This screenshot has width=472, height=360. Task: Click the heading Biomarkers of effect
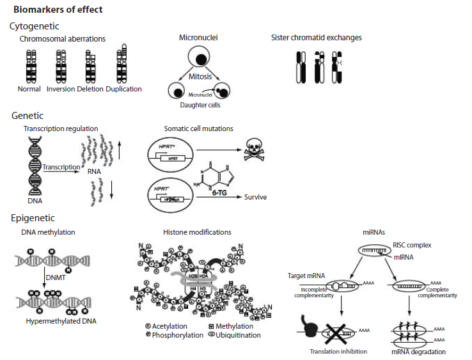pyautogui.click(x=58, y=10)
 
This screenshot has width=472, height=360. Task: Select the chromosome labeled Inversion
pyautogui.click(x=61, y=66)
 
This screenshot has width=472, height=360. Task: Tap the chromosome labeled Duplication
pyautogui.click(x=122, y=66)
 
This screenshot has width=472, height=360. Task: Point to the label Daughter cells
pyautogui.click(x=200, y=105)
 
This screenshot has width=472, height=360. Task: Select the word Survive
pyautogui.click(x=255, y=197)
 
